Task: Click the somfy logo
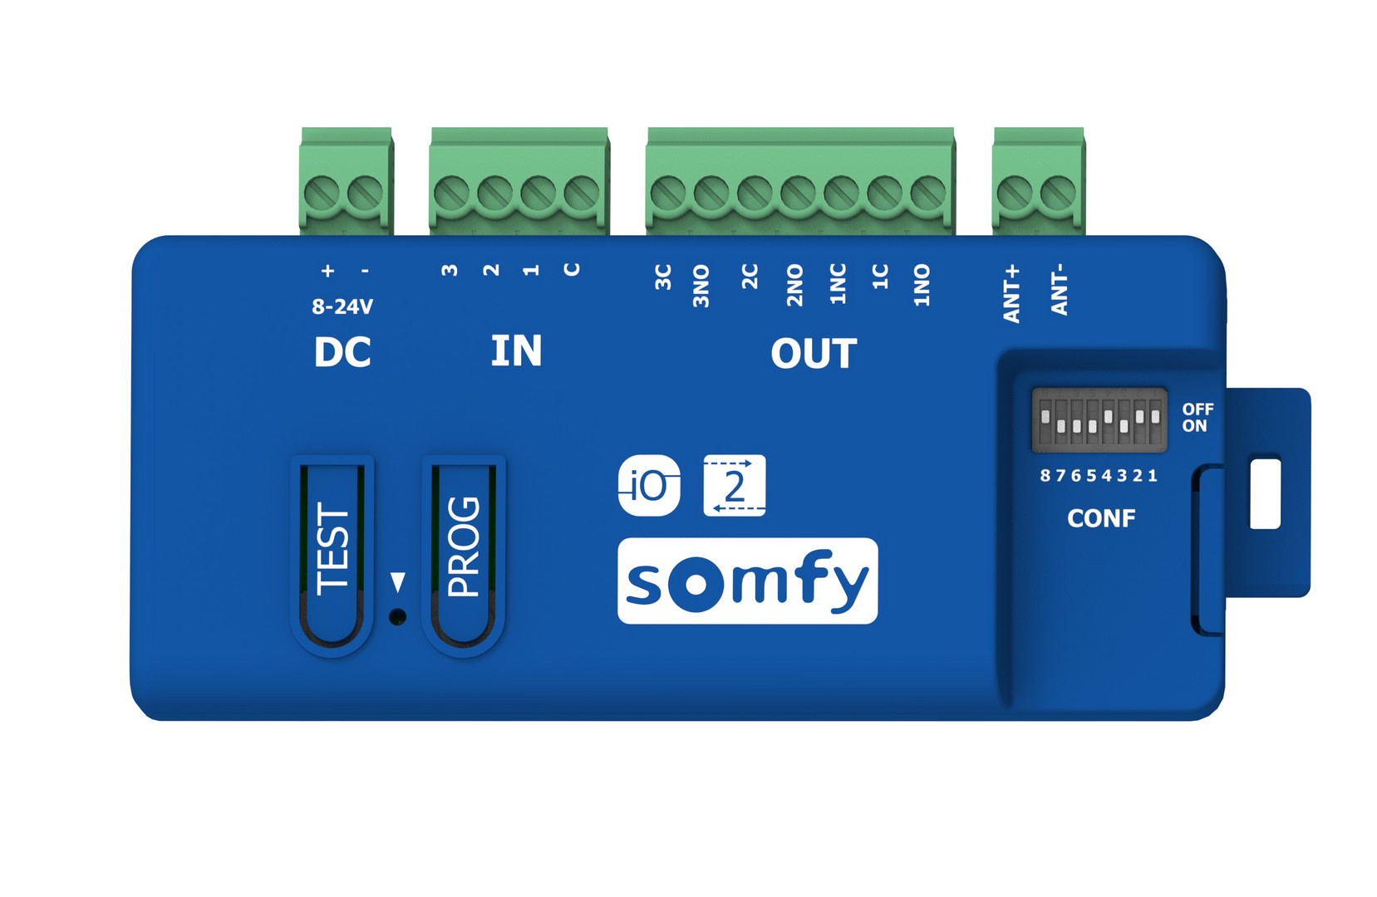tap(747, 581)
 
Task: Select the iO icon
tap(649, 486)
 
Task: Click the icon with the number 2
tap(734, 486)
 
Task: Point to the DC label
tap(342, 353)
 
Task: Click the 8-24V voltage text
tap(342, 307)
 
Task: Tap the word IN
tap(516, 351)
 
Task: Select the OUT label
tap(814, 355)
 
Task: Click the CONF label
tap(1101, 519)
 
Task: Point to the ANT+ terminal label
tap(1011, 294)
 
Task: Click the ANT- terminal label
tap(1060, 290)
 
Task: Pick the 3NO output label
tap(701, 287)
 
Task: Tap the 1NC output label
tap(838, 284)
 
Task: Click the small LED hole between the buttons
tap(398, 617)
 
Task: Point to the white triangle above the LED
tap(398, 581)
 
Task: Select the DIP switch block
tap(1099, 420)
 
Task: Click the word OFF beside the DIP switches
tap(1197, 409)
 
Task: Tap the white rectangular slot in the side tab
tap(1265, 493)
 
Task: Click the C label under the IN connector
tap(572, 269)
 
